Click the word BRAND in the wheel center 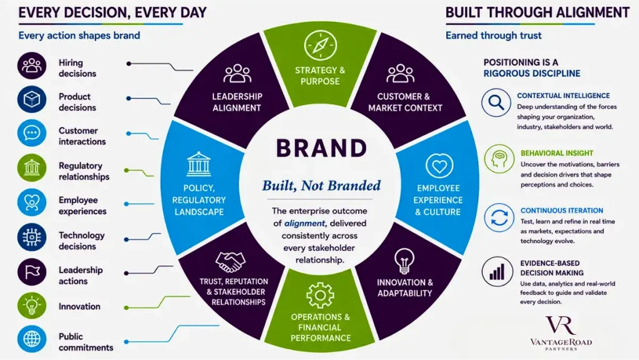click(321, 148)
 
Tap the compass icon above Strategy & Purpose click(320, 45)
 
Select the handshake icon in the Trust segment click(231, 261)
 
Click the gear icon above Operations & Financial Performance click(320, 295)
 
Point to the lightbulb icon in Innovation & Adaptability click(404, 261)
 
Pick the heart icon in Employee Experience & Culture click(439, 166)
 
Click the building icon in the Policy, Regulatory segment click(199, 164)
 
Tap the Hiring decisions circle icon click(32, 66)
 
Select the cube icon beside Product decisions click(32, 99)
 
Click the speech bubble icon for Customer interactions click(32, 133)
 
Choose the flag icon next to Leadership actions click(32, 272)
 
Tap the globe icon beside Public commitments click(32, 339)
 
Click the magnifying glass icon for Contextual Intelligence click(496, 102)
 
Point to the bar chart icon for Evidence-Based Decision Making click(497, 271)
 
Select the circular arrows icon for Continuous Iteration click(499, 218)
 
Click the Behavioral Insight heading click(557, 153)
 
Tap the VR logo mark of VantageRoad click(561, 326)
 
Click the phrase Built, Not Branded click(321, 186)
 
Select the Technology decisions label click(82, 241)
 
